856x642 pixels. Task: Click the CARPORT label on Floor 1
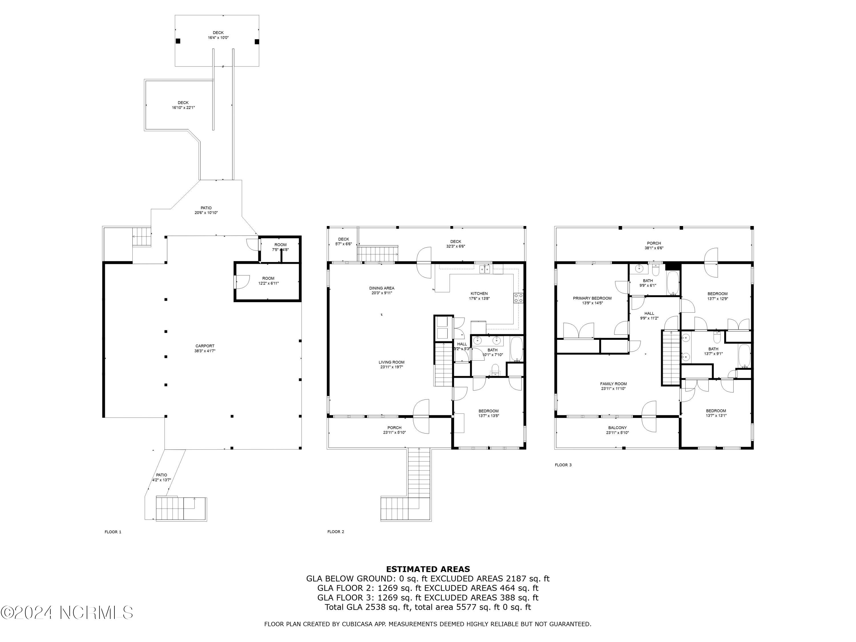tap(205, 346)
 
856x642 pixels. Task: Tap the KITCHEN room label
tap(479, 293)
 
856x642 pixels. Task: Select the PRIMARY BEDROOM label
tap(592, 298)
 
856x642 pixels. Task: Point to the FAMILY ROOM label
tap(613, 384)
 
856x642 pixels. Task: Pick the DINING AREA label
tap(381, 288)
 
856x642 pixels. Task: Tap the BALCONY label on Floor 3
tap(617, 428)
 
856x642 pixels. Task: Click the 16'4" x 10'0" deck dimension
tap(218, 38)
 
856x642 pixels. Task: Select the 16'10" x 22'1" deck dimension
tap(183, 108)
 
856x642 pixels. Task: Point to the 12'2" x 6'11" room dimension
tap(268, 283)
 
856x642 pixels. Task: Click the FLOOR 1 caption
tap(113, 532)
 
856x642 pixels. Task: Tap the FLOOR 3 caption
tap(563, 465)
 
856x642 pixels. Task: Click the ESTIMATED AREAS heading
tap(428, 569)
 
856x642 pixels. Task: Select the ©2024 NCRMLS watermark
tap(67, 612)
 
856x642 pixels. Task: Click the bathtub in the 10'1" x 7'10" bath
tap(516, 349)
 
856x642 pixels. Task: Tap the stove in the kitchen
tap(518, 298)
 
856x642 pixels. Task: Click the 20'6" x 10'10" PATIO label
tap(206, 210)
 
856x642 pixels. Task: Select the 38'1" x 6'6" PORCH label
tap(654, 245)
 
